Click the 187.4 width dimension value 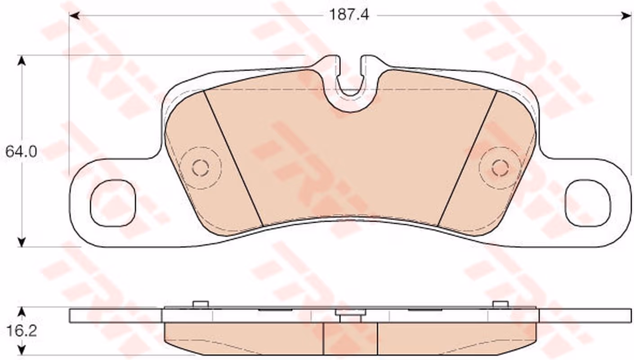(349, 15)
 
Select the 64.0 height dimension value (21, 152)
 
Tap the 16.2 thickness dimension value (22, 331)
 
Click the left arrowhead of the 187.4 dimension (75, 16)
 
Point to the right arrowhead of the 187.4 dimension (626, 16)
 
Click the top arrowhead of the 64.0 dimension (22, 61)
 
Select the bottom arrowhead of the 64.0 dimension (22, 242)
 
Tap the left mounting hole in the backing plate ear (113, 203)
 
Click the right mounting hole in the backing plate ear (588, 203)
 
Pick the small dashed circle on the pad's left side (201, 168)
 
